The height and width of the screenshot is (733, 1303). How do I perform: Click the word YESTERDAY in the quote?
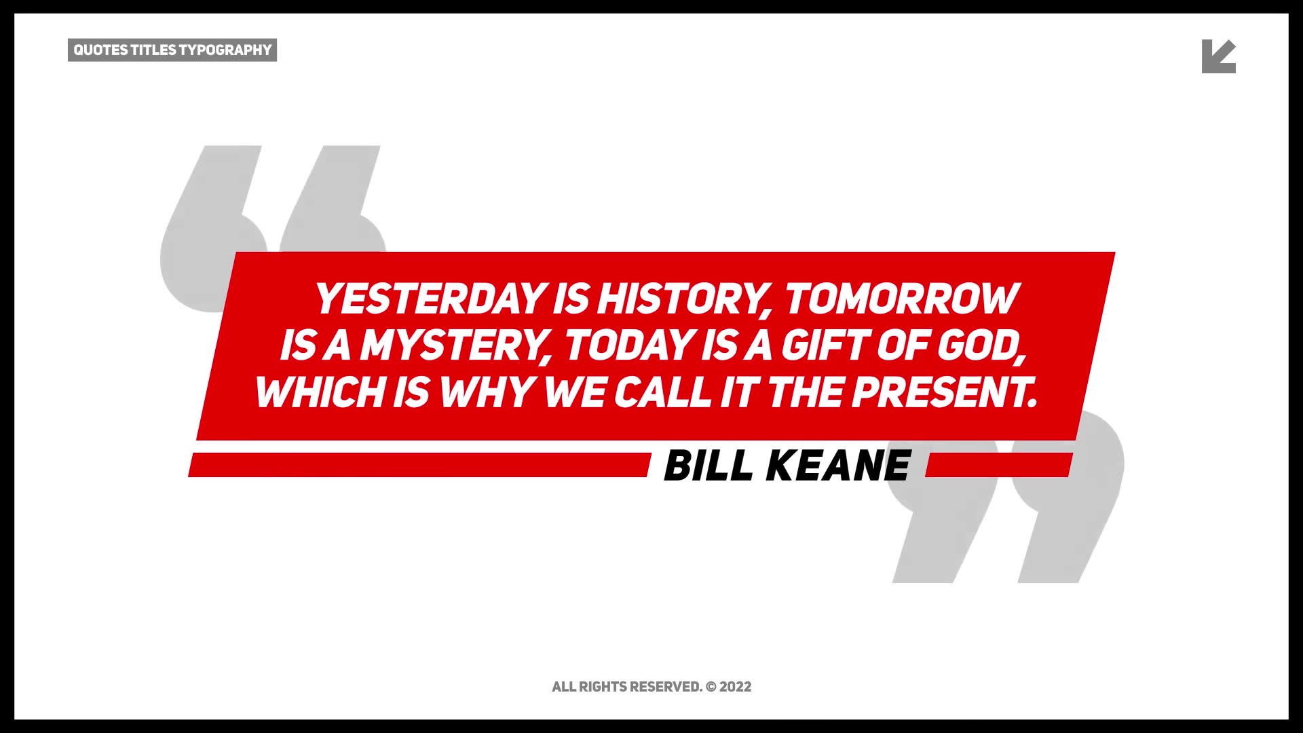[430, 299]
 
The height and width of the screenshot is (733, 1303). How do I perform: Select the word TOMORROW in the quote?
[902, 299]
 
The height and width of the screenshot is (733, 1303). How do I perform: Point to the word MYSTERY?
[455, 346]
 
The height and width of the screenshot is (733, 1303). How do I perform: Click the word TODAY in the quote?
[628, 345]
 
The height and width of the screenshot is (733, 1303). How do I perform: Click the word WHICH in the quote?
[319, 392]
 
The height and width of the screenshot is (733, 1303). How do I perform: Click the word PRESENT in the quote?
[945, 392]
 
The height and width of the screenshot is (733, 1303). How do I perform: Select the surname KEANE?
[838, 466]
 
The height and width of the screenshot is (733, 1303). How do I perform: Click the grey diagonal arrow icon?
[1217, 57]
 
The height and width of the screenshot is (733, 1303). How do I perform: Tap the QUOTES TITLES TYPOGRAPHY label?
[172, 50]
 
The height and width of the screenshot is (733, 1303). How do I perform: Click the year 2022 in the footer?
[736, 687]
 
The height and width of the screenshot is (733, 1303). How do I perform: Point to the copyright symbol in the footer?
[711, 687]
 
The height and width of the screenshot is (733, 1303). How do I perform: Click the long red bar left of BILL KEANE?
[419, 465]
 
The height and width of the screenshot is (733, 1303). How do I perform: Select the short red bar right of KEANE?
[999, 465]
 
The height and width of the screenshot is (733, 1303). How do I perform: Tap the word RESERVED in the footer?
[665, 687]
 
